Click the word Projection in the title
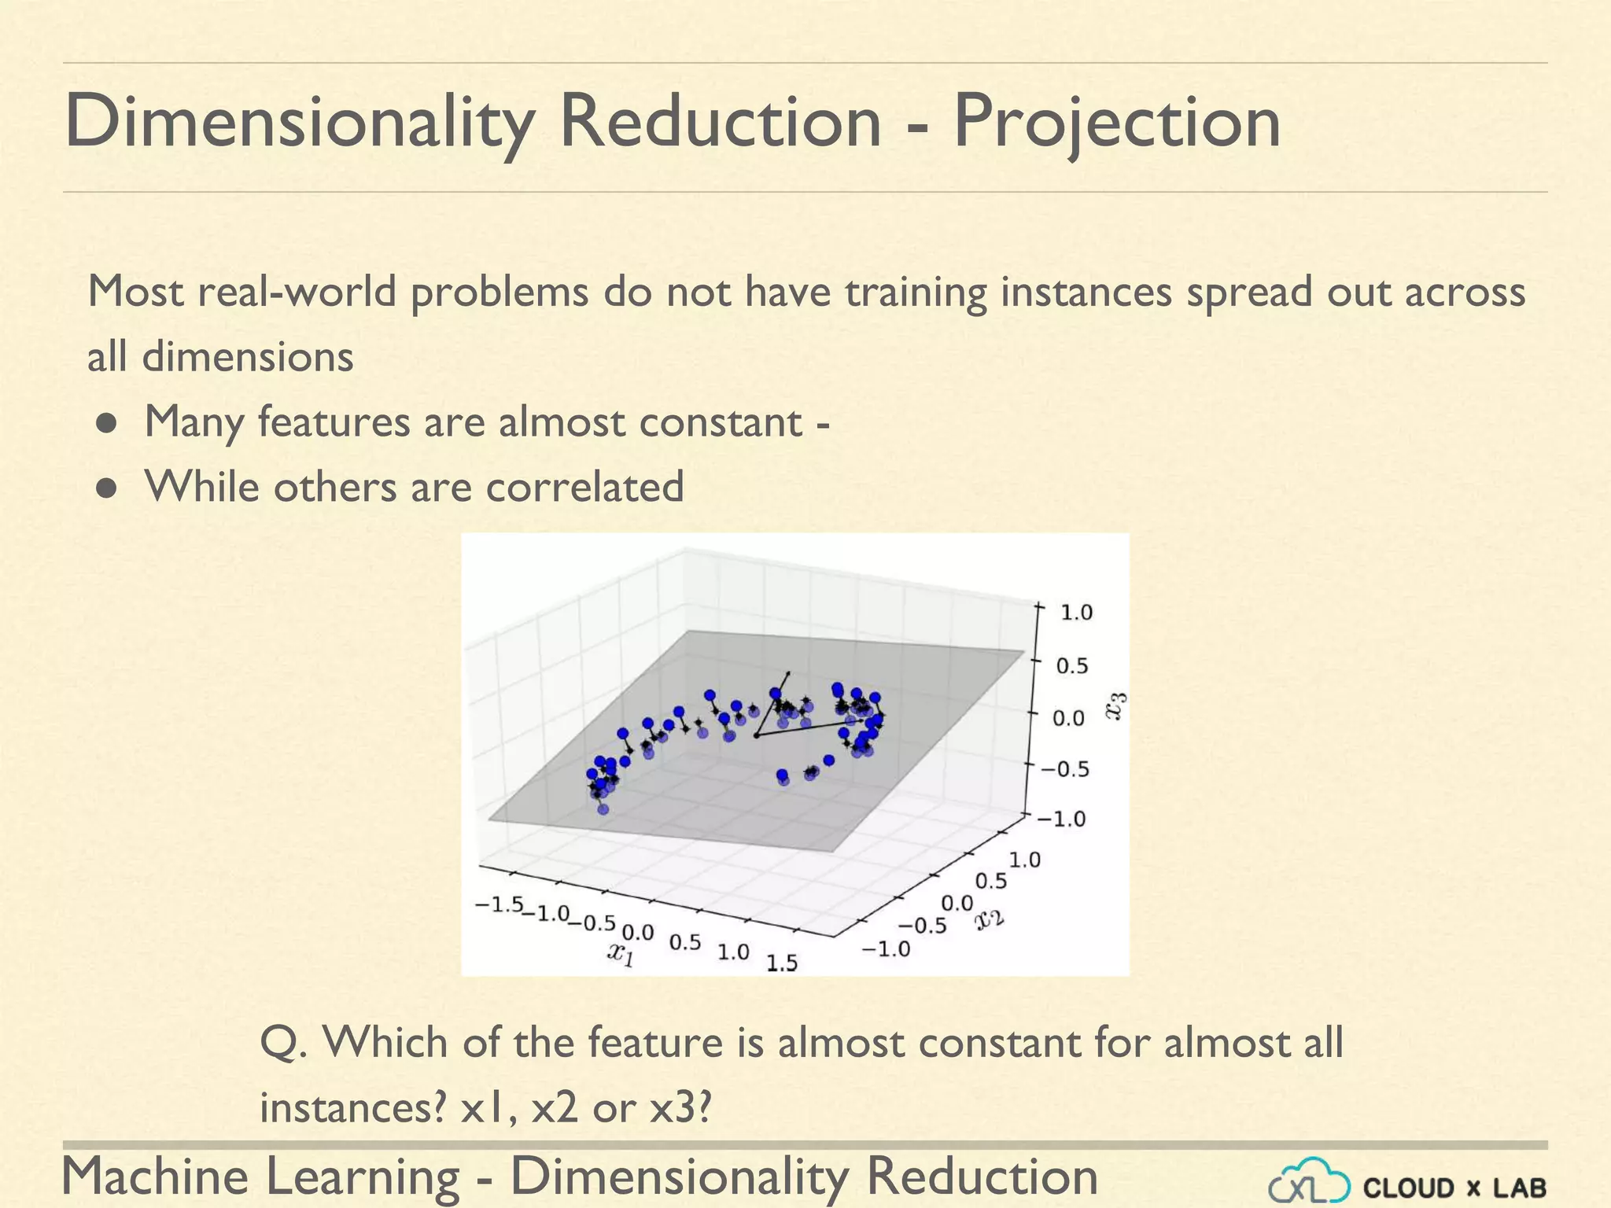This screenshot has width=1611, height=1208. coord(1116,122)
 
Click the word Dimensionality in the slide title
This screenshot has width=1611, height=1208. coord(299,122)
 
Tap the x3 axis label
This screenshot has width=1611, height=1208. coord(1116,705)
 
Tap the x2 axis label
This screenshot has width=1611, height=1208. coord(990,919)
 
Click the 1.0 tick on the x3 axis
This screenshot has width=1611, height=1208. coord(1076,613)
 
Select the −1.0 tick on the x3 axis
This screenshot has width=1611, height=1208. coord(1060,819)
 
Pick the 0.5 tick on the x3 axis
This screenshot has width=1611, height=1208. coord(1071,666)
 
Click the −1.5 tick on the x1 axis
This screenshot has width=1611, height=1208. coord(499,904)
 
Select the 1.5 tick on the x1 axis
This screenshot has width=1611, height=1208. coord(782,962)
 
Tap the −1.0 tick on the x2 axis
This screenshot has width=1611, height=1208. coord(886,949)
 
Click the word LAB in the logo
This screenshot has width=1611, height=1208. coord(1518,1188)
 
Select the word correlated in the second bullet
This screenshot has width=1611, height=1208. coord(584,487)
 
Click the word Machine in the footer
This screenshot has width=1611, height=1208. coord(154,1177)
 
